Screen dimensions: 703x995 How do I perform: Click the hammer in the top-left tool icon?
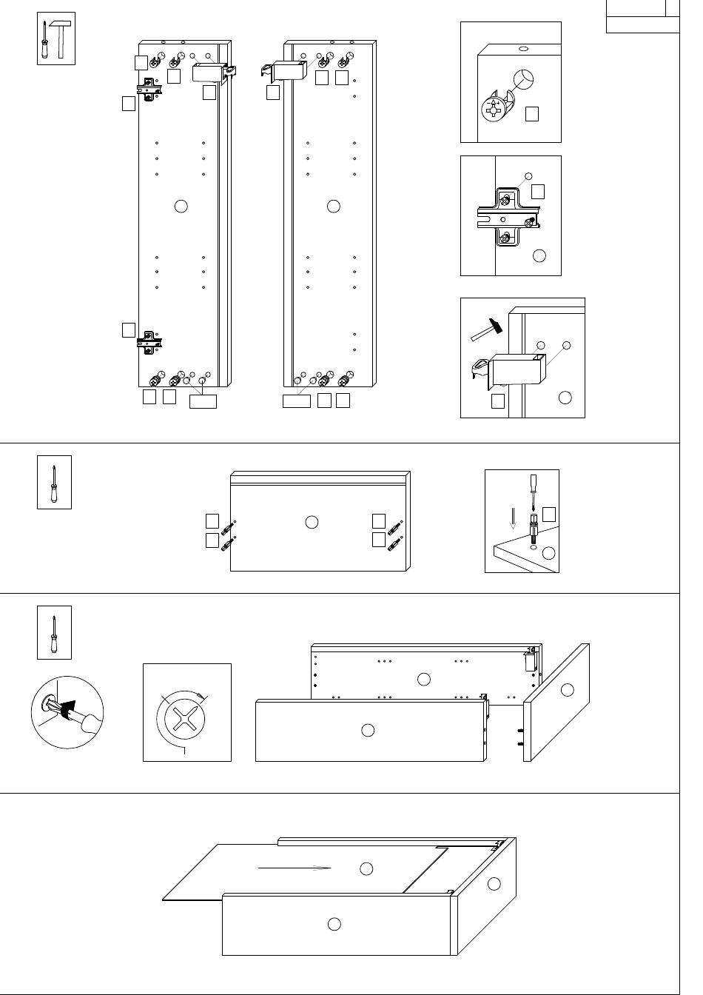[x=61, y=41]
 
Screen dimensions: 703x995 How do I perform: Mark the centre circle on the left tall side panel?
[x=181, y=207]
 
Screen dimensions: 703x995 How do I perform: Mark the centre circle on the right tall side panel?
[x=333, y=207]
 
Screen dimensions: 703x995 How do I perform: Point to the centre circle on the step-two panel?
[x=312, y=522]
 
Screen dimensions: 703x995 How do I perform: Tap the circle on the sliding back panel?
[x=366, y=868]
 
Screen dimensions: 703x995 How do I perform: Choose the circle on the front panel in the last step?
[x=334, y=923]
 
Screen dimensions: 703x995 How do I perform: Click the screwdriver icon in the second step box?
[x=54, y=483]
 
